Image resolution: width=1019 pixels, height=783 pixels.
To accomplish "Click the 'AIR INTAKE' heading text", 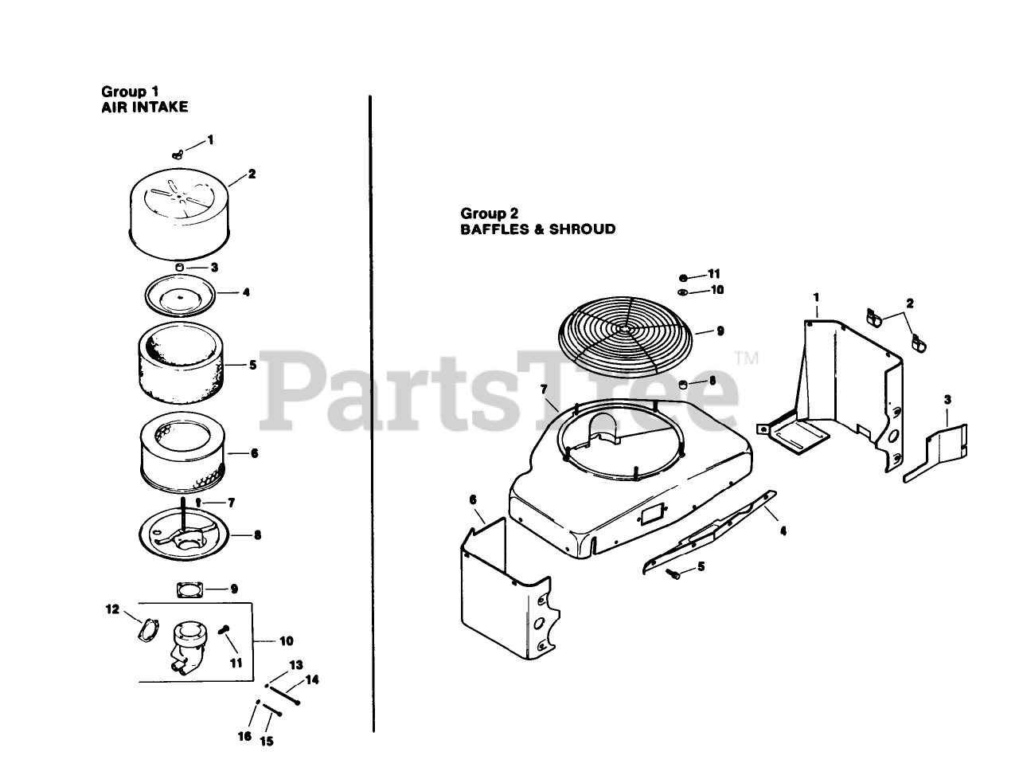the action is click(145, 106).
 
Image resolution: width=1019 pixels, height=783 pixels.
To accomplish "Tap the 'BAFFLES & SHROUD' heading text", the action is click(537, 229).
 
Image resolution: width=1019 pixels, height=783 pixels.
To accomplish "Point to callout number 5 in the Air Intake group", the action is click(252, 365).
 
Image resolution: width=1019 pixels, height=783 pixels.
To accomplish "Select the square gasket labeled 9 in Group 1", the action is click(189, 590).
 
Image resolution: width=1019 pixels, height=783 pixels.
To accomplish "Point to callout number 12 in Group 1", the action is click(112, 609).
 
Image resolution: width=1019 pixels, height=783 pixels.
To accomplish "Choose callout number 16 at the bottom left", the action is click(244, 737).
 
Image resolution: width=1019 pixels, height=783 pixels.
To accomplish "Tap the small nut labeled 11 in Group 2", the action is click(683, 276).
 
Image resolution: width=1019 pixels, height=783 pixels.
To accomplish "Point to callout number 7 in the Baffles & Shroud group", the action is click(544, 389).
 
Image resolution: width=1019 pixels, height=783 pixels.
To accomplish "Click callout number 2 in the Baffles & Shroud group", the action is click(910, 303).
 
